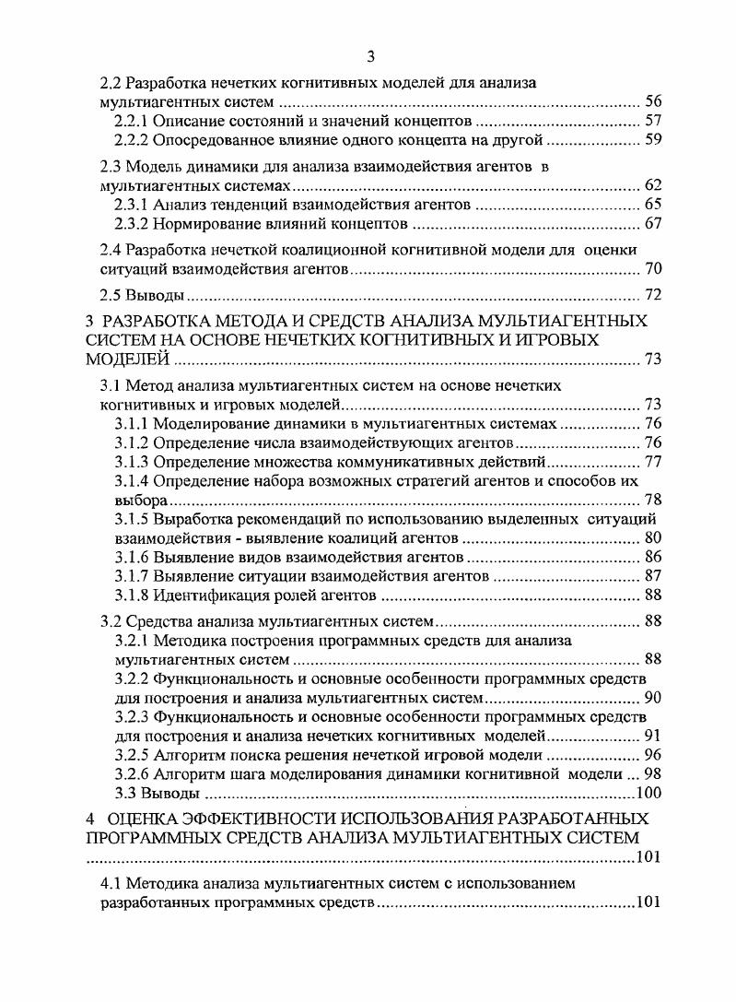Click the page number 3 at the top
coord(370,57)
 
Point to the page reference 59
coord(653,140)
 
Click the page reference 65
coord(653,204)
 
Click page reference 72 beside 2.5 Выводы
coord(653,296)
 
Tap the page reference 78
coord(653,500)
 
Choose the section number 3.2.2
coord(131,678)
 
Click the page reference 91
coord(653,735)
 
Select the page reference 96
coord(653,754)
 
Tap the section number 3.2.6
coord(131,773)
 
